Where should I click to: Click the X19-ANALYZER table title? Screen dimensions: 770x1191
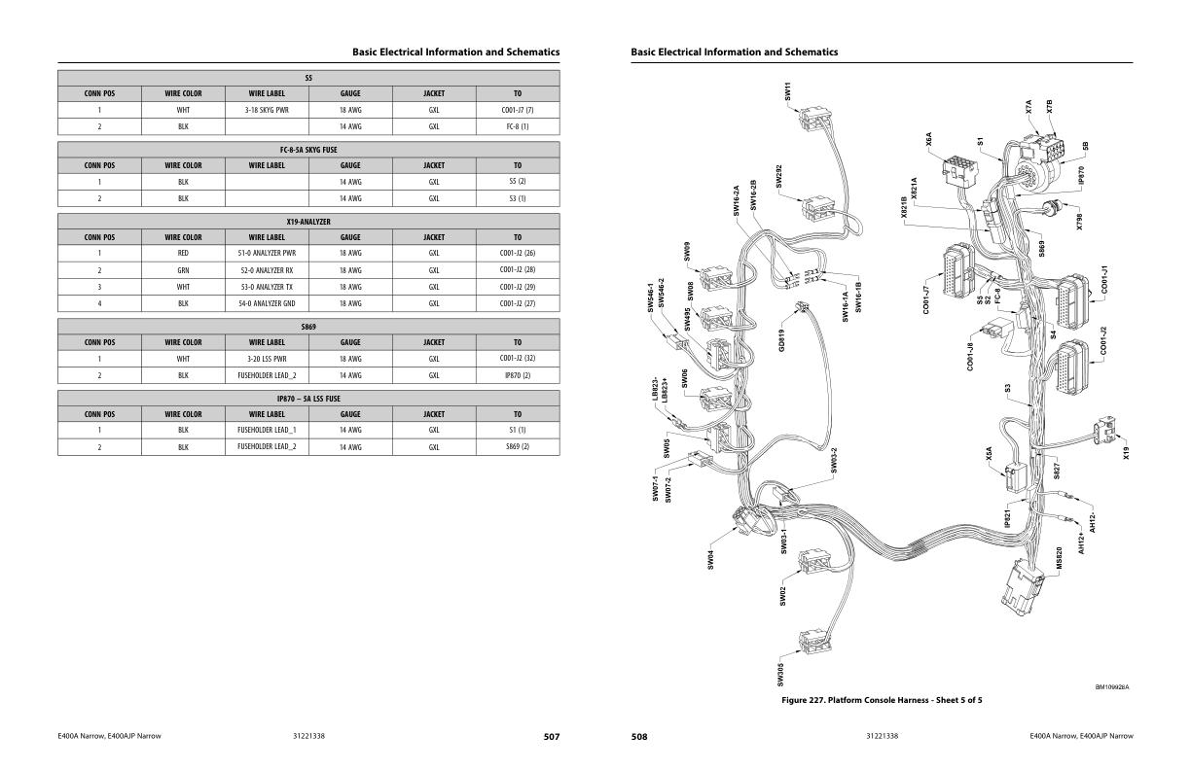pyautogui.click(x=308, y=222)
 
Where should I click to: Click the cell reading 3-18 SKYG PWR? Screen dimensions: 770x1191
pyautogui.click(x=267, y=110)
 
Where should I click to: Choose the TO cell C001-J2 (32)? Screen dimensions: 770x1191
pyautogui.click(x=517, y=359)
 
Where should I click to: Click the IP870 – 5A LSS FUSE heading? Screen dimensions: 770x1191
pyautogui.click(x=308, y=399)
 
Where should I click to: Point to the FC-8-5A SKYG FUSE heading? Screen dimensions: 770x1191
pyautogui.click(x=308, y=150)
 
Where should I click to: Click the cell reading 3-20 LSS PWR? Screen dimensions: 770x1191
pyautogui.click(x=267, y=359)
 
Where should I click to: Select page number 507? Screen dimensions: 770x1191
pyautogui.click(x=551, y=737)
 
